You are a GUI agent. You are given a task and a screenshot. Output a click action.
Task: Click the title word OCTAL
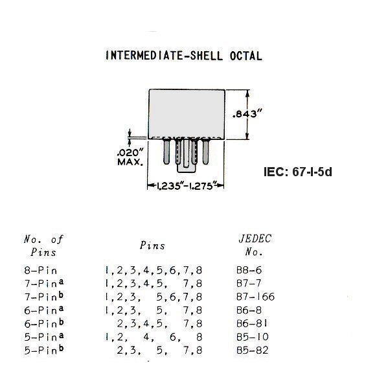(246, 56)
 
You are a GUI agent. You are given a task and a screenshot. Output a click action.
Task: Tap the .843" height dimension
(247, 114)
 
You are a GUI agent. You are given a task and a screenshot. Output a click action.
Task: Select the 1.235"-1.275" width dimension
(185, 186)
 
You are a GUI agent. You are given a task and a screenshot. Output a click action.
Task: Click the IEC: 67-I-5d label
(298, 172)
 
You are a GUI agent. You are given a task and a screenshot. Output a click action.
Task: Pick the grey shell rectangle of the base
(187, 114)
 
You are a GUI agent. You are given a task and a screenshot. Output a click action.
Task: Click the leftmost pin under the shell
(166, 152)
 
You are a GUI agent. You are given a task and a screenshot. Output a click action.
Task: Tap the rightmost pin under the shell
(205, 152)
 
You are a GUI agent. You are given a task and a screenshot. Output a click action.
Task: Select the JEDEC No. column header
(255, 246)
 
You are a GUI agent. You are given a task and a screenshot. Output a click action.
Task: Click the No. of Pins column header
(43, 246)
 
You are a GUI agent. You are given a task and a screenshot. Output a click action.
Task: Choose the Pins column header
(152, 246)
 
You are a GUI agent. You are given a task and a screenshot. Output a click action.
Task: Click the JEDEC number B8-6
(249, 270)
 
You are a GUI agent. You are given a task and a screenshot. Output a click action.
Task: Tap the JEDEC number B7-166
(255, 297)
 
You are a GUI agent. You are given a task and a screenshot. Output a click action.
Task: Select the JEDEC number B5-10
(253, 337)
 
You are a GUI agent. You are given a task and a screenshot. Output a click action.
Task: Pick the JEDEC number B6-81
(252, 323)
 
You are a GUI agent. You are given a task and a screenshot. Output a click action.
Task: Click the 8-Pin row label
(41, 270)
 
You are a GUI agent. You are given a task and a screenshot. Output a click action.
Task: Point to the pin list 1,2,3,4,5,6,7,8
(154, 270)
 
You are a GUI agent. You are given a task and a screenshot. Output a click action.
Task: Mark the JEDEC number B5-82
(253, 350)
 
